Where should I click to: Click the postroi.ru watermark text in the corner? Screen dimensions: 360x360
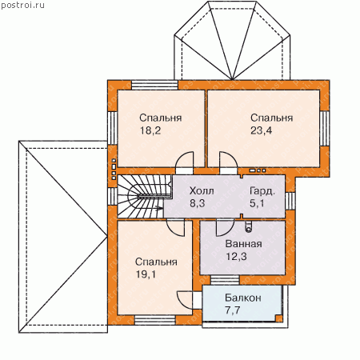click(22, 6)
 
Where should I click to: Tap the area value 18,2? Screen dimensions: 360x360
click(150, 130)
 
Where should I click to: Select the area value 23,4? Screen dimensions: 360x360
click(261, 130)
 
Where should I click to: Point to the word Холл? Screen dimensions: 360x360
click(202, 191)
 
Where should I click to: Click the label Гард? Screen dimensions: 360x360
click(262, 191)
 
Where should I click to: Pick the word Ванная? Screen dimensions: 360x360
click(244, 244)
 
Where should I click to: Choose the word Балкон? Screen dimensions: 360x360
click(243, 298)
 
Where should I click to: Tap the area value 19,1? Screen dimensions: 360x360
click(146, 274)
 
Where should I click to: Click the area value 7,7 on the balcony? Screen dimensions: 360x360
click(233, 310)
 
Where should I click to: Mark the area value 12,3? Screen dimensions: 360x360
click(236, 257)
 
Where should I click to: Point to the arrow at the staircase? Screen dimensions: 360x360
click(158, 208)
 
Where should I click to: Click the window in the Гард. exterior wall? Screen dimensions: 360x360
click(290, 201)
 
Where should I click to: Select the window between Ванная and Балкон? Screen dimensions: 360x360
click(225, 280)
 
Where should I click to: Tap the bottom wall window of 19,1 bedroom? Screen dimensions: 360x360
click(155, 320)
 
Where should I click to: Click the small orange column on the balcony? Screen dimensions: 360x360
click(278, 318)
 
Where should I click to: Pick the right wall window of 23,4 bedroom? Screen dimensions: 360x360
click(325, 129)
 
